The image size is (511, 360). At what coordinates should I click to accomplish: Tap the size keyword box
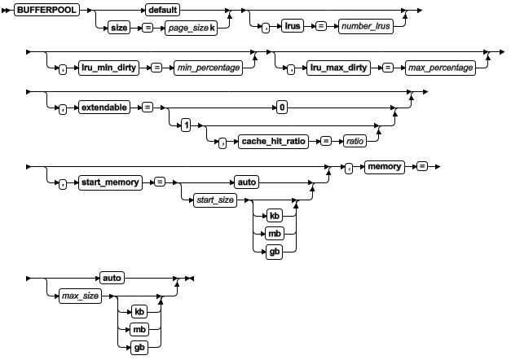pos(119,28)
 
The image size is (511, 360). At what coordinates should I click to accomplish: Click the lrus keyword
pos(291,28)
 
